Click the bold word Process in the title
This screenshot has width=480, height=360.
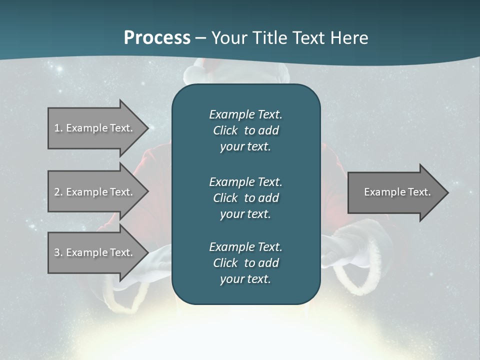157,37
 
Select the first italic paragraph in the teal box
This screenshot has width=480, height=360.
246,130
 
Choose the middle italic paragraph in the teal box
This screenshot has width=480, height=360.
246,197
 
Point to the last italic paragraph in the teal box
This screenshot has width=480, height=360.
246,263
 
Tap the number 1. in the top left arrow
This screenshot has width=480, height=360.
58,128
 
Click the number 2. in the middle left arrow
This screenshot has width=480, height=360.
58,192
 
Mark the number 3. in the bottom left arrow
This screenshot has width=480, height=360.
58,252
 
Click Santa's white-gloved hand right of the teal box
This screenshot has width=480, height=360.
335,250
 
